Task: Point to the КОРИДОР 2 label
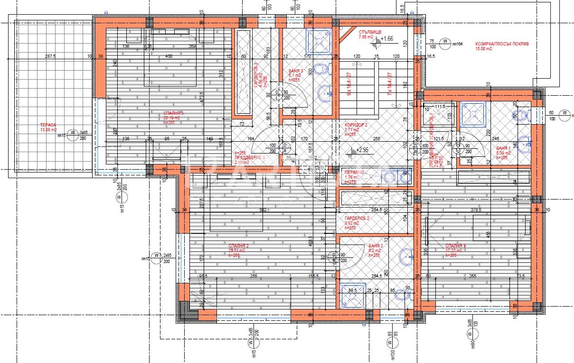356,125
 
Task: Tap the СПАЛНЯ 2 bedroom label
238,246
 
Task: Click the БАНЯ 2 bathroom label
376,246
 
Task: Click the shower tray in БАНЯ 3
318,40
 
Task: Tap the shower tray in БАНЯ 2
352,295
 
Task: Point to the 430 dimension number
169,56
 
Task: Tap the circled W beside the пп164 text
445,43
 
